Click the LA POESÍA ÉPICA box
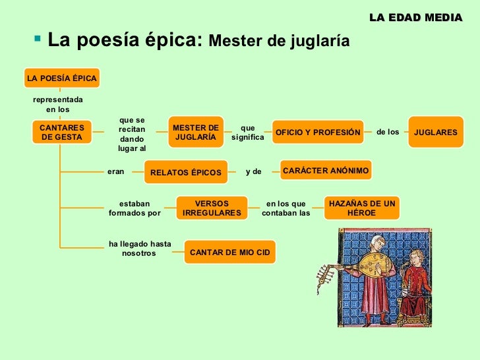(61, 78)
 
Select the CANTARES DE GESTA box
(61, 132)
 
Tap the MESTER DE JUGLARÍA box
(195, 132)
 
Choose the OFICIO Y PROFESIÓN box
(318, 132)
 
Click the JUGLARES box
(435, 132)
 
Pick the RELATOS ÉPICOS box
(186, 172)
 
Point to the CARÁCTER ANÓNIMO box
(326, 171)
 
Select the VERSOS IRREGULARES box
(212, 208)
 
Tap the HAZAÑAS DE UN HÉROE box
(362, 208)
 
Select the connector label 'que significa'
(247, 133)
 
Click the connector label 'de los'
(388, 132)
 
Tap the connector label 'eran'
(115, 171)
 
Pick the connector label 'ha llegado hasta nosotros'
(140, 249)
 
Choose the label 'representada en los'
(57, 104)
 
